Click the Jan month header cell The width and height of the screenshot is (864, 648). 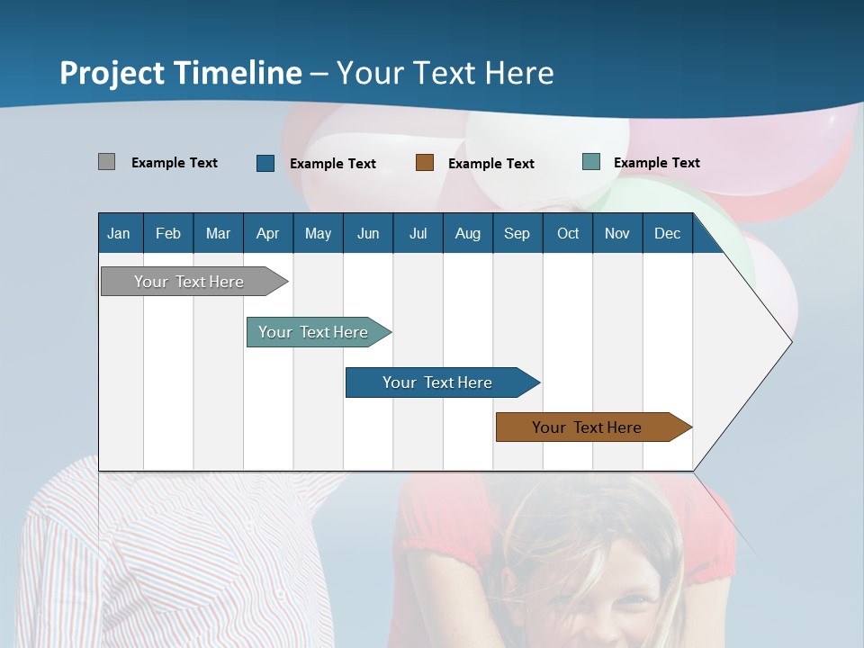(120, 233)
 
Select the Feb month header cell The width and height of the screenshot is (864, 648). (168, 233)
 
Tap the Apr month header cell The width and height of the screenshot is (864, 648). (267, 233)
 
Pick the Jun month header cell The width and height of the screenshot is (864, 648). (368, 233)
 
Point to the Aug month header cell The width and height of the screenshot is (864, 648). (467, 233)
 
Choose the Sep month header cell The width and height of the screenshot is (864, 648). (517, 233)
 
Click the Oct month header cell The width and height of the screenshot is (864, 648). (568, 233)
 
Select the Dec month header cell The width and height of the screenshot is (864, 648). (667, 233)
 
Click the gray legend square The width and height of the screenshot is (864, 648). (106, 162)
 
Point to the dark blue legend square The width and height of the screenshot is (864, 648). (265, 163)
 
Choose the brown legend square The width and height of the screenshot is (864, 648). (425, 163)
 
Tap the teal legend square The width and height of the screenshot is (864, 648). (590, 162)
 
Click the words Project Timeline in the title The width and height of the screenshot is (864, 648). (181, 73)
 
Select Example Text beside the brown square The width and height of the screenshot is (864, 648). (490, 164)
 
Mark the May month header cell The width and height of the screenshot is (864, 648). (318, 233)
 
